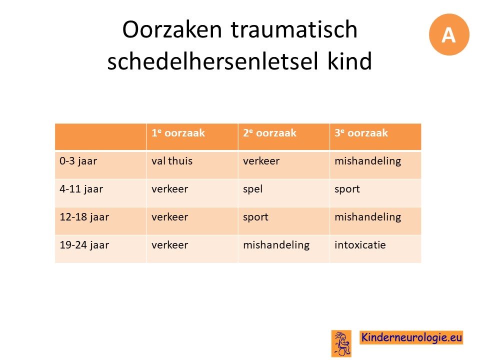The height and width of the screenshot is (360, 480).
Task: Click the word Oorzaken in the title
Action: pyautogui.click(x=171, y=29)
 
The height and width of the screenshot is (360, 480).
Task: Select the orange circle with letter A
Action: pyautogui.click(x=449, y=34)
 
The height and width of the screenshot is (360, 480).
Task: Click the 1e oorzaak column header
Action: pyautogui.click(x=178, y=133)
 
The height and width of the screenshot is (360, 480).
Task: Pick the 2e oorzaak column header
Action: pyautogui.click(x=269, y=133)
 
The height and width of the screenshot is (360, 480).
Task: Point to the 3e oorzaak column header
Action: pyautogui.click(x=361, y=133)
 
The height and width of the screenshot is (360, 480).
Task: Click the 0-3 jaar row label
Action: pyautogui.click(x=78, y=161)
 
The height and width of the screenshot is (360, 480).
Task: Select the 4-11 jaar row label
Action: pyautogui.click(x=81, y=189)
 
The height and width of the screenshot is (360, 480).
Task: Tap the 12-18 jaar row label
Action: pyautogui.click(x=84, y=217)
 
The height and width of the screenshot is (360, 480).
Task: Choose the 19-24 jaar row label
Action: pyautogui.click(x=84, y=245)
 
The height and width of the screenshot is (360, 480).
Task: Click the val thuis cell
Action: pyautogui.click(x=172, y=160)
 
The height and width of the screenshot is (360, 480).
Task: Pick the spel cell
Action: pyautogui.click(x=253, y=189)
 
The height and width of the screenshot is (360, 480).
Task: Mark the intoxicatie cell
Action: pyautogui.click(x=360, y=245)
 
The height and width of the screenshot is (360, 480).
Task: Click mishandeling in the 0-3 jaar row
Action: pyautogui.click(x=367, y=161)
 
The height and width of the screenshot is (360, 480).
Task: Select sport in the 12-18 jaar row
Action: pyautogui.click(x=255, y=217)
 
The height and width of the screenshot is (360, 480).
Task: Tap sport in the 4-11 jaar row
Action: pyautogui.click(x=347, y=189)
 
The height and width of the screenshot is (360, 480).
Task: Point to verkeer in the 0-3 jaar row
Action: pyautogui.click(x=261, y=161)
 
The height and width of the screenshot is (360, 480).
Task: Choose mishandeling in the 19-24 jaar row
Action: pyautogui.click(x=276, y=245)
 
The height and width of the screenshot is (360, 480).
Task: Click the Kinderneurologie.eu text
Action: pyautogui.click(x=411, y=337)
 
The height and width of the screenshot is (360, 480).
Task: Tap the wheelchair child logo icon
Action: pyautogui.click(x=341, y=343)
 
